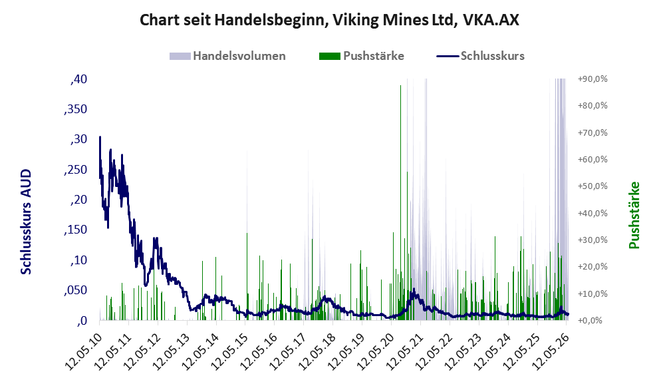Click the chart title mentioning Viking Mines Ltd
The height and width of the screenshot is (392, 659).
tap(329, 20)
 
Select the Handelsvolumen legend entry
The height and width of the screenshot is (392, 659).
tap(227, 56)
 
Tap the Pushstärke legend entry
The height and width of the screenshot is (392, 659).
tap(362, 56)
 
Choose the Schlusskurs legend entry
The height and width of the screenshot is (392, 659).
tap(480, 56)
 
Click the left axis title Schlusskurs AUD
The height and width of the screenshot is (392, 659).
tap(26, 222)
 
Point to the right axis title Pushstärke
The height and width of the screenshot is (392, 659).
tap(634, 215)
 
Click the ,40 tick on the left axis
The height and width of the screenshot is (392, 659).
tap(78, 79)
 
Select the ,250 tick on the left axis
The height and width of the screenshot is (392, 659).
tap(76, 170)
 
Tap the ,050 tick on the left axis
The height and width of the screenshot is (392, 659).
tap(76, 290)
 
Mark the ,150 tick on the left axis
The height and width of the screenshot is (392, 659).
tap(76, 230)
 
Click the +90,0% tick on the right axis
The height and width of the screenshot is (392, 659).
tap(593, 79)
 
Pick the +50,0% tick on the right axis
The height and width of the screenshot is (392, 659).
tap(593, 186)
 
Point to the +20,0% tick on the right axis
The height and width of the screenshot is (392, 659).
tap(593, 267)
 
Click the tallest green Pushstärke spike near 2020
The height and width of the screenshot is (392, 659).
tap(400, 202)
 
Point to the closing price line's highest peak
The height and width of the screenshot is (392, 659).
tap(100, 136)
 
